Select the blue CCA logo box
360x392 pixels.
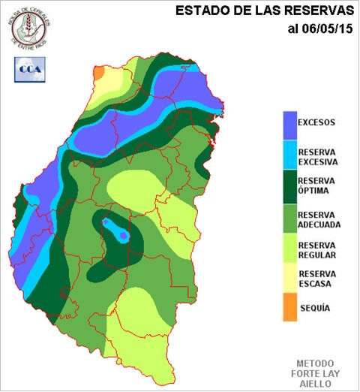29,68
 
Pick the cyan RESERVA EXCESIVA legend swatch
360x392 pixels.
288,155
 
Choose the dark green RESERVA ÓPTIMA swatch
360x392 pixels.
288,186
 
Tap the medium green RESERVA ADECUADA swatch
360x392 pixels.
288,218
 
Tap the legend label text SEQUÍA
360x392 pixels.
315,308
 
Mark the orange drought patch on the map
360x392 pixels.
97,71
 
